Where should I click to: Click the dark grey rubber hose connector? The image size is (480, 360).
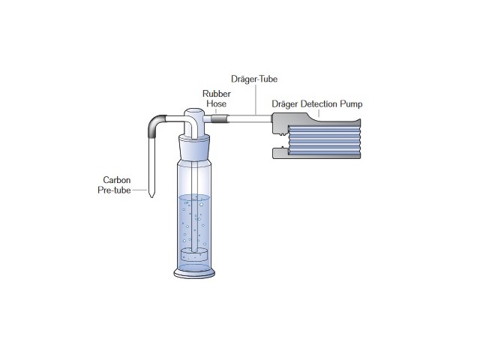[x=219, y=118]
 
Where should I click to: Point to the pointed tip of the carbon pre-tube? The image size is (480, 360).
[x=151, y=196]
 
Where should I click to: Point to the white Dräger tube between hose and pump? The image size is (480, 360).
[x=247, y=118]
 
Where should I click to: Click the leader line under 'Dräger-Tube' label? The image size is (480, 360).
[x=256, y=97]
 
